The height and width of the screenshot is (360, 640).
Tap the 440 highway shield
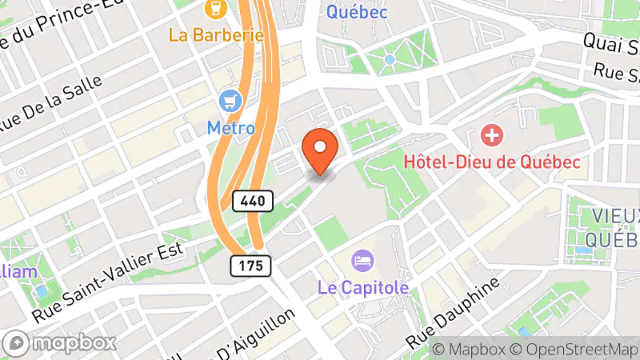point(254,201)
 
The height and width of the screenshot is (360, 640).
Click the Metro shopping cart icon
point(231,102)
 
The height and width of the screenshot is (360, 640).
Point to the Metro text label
point(231,127)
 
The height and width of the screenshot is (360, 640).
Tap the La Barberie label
point(216,35)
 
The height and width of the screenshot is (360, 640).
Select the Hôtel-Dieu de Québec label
point(491,162)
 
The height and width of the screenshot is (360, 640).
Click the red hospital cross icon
point(490,134)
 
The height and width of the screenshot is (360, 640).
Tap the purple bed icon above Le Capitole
point(362,260)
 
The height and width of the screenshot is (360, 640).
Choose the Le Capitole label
point(363,286)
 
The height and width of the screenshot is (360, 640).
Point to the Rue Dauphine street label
point(453,313)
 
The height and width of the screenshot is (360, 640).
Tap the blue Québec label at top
point(357,11)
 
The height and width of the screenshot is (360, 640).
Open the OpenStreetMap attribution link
point(574,350)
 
